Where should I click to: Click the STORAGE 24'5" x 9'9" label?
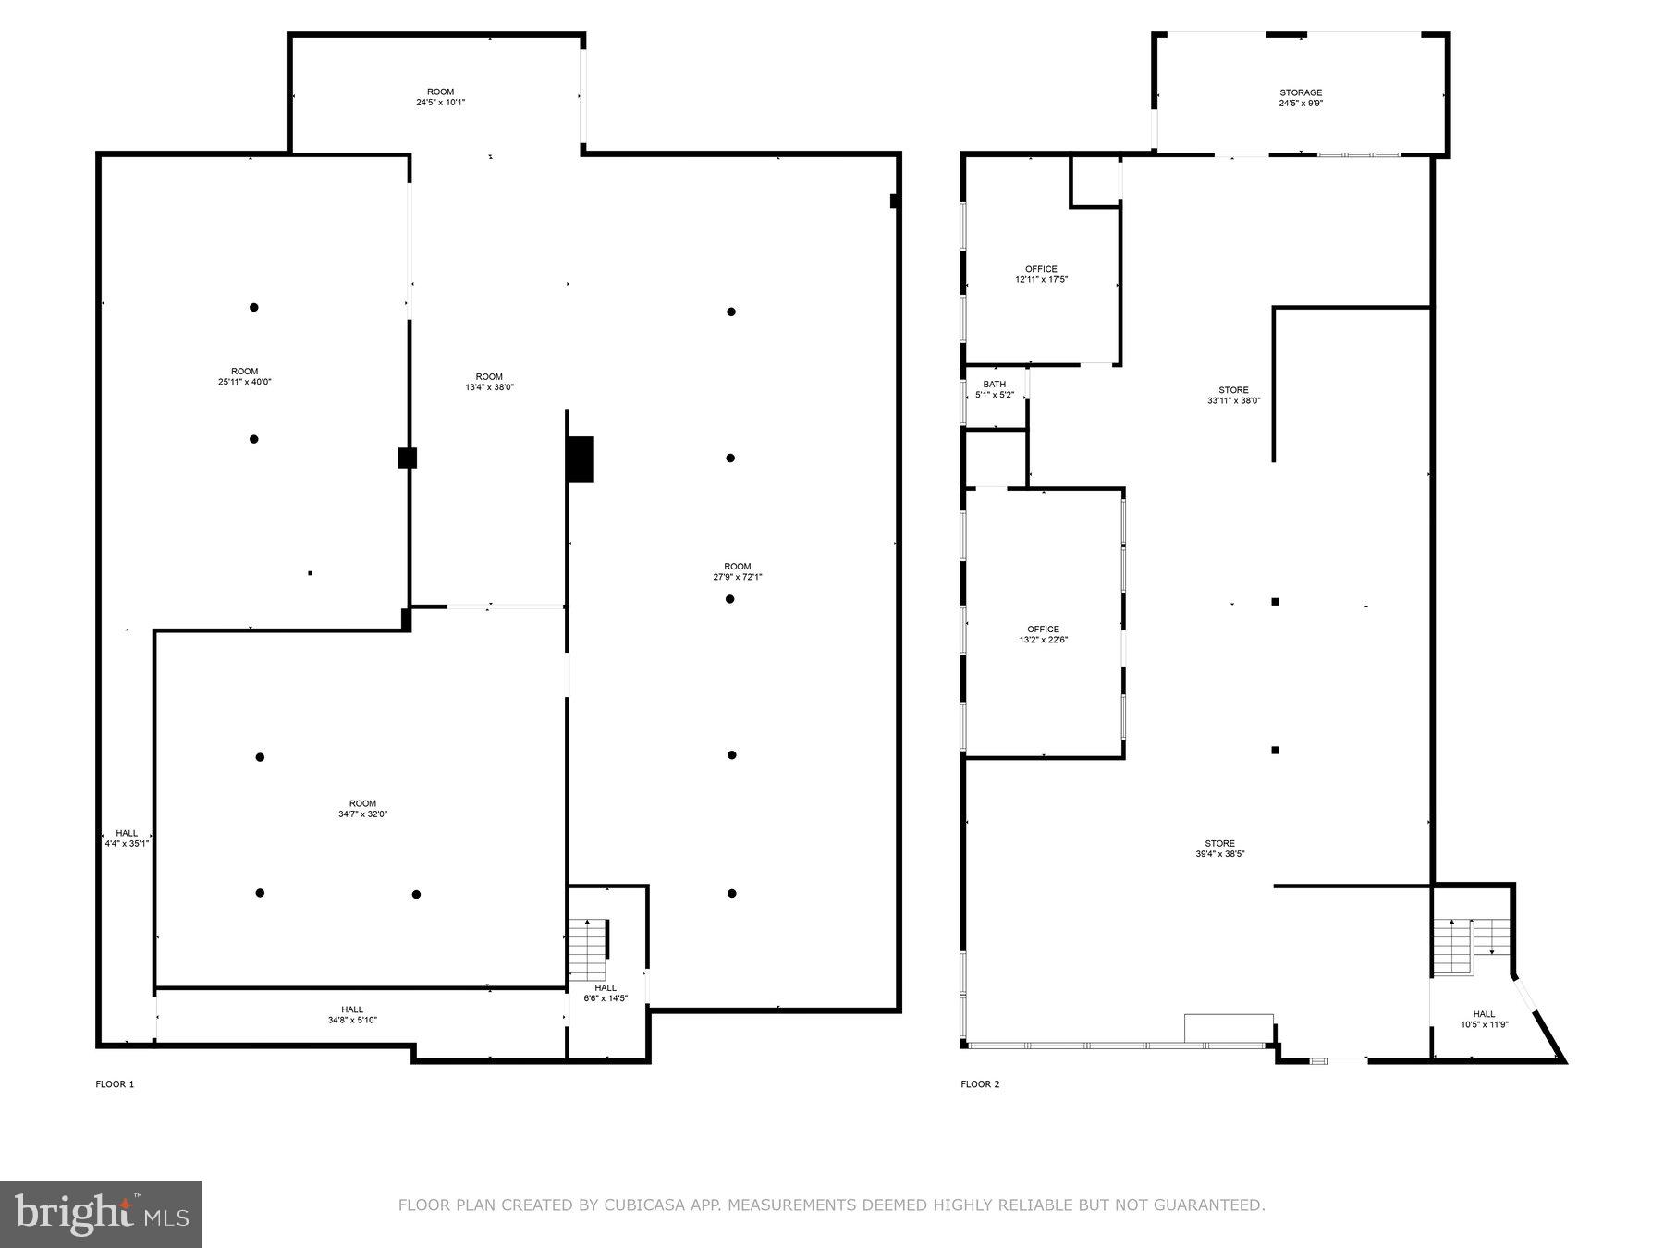[x=1300, y=98]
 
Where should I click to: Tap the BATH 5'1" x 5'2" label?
[x=994, y=389]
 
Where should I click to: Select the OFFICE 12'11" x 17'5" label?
[x=1040, y=275]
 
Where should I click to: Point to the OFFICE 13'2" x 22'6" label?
[x=1043, y=634]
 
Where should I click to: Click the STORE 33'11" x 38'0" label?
[x=1233, y=396]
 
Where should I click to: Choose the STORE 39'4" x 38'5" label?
[x=1219, y=849]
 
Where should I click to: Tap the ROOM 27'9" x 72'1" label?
[x=737, y=571]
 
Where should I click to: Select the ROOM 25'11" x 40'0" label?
[x=244, y=376]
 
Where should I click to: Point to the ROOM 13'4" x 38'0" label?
[x=489, y=382]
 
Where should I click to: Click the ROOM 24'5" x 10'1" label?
[x=440, y=97]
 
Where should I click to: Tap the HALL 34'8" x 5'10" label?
[x=351, y=1015]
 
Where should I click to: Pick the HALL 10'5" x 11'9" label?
[x=1484, y=1019]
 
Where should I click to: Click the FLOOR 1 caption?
[x=115, y=1084]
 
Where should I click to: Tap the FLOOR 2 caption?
[x=980, y=1084]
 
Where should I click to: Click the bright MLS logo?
[x=101, y=1214]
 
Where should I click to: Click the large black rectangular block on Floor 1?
[x=580, y=459]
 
